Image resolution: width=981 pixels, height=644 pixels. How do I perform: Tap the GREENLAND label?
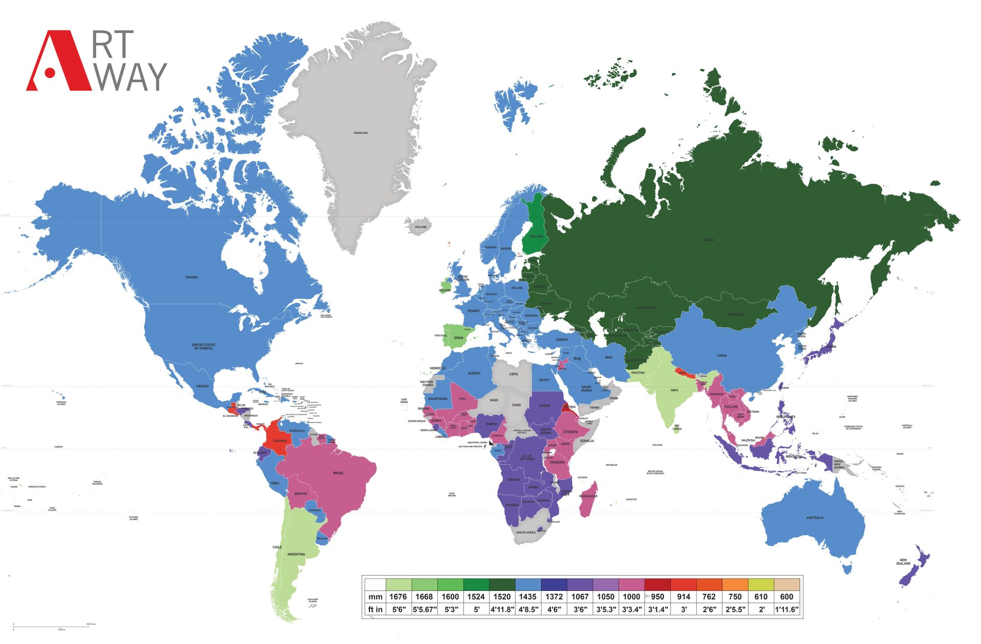(361, 133)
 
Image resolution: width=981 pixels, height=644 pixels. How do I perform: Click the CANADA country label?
(192, 277)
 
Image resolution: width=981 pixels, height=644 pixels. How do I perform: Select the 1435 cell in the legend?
(527, 597)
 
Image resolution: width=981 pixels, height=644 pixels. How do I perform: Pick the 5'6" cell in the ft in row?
(398, 609)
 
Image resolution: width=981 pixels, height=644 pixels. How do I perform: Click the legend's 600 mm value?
(786, 597)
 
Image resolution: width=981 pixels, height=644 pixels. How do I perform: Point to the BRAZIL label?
(338, 473)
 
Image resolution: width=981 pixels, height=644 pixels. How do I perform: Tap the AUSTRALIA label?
(814, 518)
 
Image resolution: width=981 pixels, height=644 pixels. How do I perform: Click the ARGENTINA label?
(296, 554)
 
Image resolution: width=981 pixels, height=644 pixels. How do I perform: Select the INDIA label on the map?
(674, 390)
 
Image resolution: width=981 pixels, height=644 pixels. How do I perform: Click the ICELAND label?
(421, 227)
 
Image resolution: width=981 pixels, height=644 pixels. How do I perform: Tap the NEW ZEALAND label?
(903, 562)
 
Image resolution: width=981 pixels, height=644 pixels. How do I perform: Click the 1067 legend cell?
(580, 597)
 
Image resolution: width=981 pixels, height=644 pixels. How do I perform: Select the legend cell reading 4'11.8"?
(502, 609)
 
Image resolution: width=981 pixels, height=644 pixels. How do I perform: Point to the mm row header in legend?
(375, 597)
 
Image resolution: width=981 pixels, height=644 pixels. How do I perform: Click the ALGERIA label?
(474, 373)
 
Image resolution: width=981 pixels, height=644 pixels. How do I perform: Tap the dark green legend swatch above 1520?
(502, 584)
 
